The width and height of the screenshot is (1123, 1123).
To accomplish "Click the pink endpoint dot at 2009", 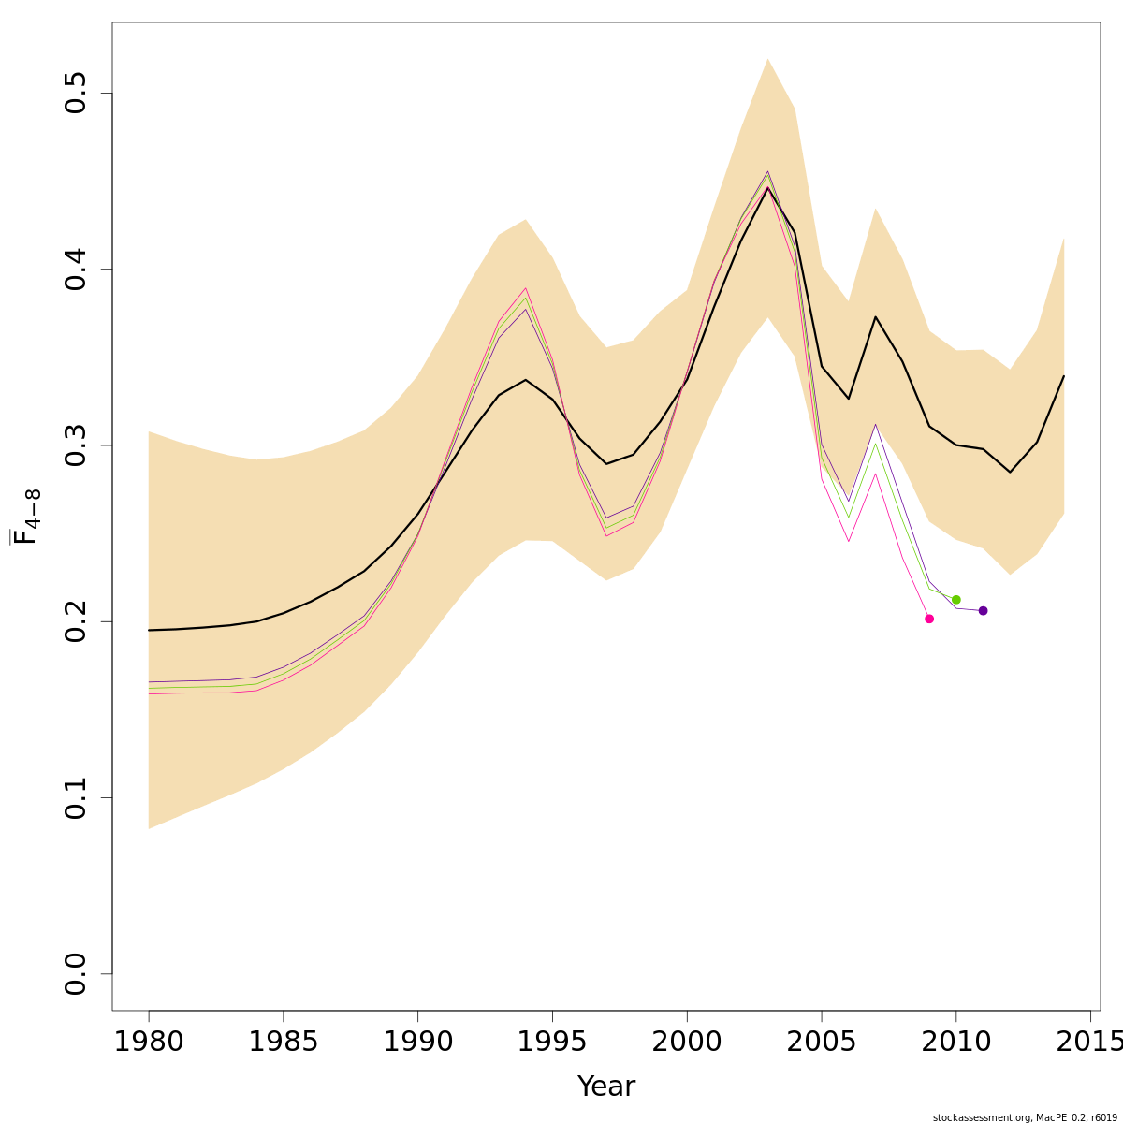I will (929, 619).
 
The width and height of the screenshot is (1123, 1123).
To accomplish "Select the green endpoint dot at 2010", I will (955, 600).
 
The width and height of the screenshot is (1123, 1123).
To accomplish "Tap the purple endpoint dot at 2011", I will (983, 611).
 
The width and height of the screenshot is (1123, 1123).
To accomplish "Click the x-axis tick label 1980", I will (149, 1041).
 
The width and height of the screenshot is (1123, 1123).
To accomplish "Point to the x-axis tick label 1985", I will (284, 1041).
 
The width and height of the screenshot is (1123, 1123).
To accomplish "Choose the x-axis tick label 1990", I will (417, 1041).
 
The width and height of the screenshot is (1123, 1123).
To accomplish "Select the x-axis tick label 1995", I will (552, 1041).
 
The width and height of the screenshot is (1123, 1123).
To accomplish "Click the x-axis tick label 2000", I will (687, 1041).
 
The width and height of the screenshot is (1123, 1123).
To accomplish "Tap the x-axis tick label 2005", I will (822, 1041).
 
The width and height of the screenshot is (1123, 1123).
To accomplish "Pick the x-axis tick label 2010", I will (955, 1041).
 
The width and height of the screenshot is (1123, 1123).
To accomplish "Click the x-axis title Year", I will (606, 1087).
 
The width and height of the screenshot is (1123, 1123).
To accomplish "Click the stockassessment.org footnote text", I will (1025, 1117).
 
